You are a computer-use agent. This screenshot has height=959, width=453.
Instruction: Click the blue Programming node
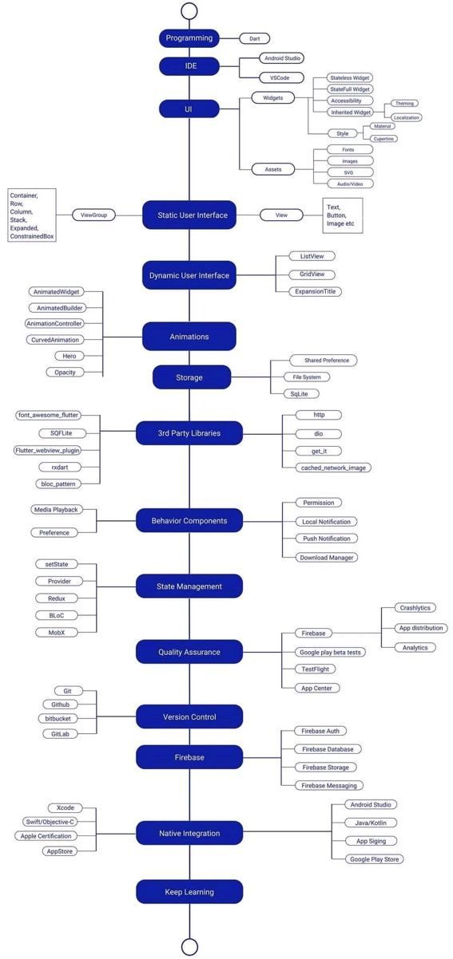[189, 38]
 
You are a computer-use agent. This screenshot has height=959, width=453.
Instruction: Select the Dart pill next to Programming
[255, 38]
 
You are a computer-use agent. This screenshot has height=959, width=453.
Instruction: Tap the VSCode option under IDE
[281, 78]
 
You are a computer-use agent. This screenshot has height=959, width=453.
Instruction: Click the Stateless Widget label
[350, 78]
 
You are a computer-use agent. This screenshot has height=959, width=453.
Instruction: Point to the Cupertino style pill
[383, 139]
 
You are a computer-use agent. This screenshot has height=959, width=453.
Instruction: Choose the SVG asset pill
[350, 172]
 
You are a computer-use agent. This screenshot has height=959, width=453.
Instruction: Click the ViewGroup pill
[93, 215]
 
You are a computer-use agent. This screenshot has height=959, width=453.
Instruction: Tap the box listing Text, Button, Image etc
[343, 215]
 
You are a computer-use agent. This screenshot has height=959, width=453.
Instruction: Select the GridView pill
[312, 274]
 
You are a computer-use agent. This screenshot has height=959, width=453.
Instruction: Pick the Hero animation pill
[70, 356]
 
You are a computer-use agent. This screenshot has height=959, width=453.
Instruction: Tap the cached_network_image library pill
[333, 468]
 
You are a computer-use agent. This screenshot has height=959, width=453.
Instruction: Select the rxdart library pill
[60, 467]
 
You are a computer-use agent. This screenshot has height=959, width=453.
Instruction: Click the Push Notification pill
[327, 539]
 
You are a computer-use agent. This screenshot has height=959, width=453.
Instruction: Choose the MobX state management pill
[57, 633]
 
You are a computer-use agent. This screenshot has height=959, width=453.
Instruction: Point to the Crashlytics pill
[415, 608]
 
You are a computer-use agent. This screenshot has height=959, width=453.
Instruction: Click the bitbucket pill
[58, 719]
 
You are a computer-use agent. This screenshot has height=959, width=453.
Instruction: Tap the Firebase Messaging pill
[328, 786]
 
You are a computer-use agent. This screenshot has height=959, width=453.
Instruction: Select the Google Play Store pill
[374, 859]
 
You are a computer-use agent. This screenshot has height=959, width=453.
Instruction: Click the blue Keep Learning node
[189, 892]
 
